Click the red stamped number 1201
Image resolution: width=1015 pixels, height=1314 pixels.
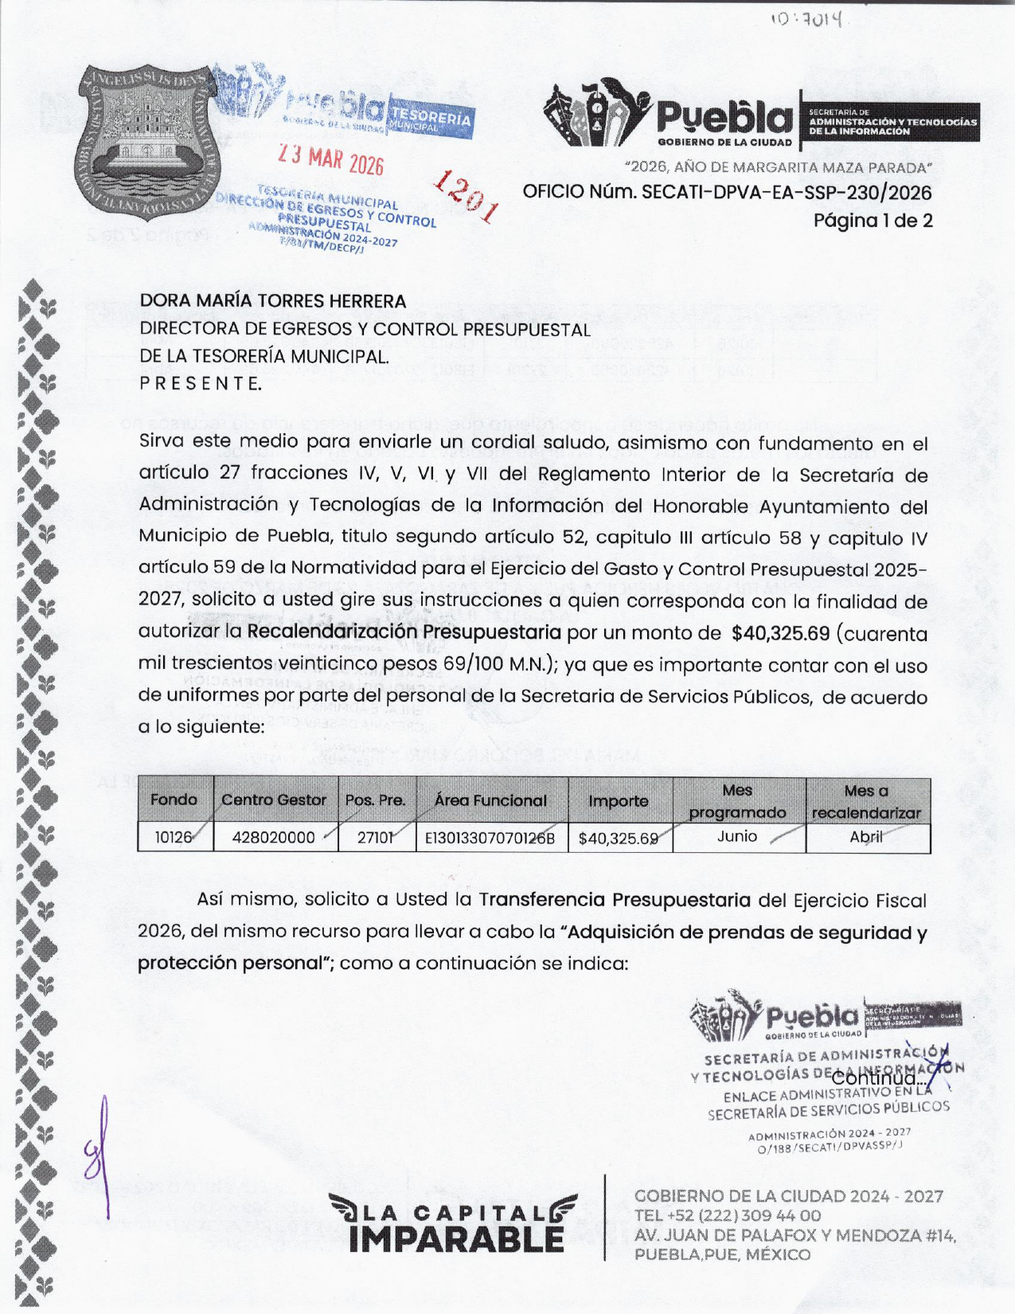467,196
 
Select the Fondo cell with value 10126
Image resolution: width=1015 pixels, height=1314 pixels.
174,838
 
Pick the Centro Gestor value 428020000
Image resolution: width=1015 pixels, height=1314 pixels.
273,838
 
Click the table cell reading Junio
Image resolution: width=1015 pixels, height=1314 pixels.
736,836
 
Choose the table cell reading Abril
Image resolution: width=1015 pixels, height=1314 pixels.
866,837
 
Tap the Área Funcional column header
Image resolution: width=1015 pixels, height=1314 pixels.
490,800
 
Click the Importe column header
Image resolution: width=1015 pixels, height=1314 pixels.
619,801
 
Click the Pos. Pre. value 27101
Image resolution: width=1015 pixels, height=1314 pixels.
375,838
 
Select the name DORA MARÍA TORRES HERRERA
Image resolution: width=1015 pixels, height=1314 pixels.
273,301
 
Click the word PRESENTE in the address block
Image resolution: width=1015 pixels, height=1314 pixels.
201,384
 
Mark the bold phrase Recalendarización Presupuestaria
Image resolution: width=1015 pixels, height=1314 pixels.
404,632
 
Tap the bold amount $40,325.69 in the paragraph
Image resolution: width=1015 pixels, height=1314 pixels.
780,634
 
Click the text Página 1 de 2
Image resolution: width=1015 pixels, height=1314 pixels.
873,221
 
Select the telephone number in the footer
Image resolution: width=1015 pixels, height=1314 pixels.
727,1216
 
